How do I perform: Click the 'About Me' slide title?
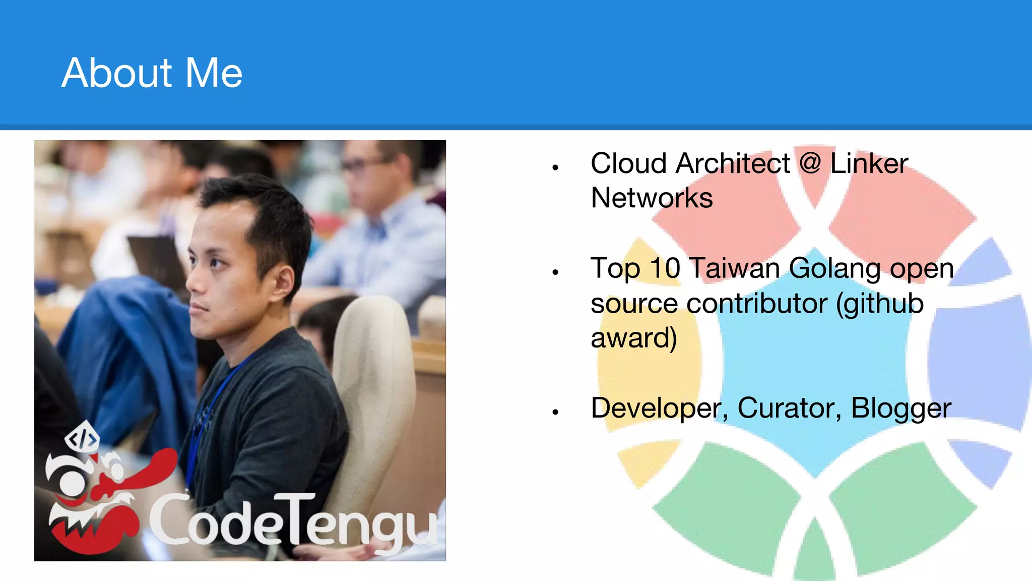click(x=152, y=73)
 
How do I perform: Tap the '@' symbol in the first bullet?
click(x=810, y=164)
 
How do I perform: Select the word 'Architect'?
click(x=733, y=164)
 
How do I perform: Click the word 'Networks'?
click(x=652, y=198)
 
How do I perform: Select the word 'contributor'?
click(x=757, y=304)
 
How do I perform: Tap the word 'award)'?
click(x=634, y=338)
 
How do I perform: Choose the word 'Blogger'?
click(x=901, y=409)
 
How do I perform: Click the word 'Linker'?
click(x=869, y=164)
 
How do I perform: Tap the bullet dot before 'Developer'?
click(x=555, y=412)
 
